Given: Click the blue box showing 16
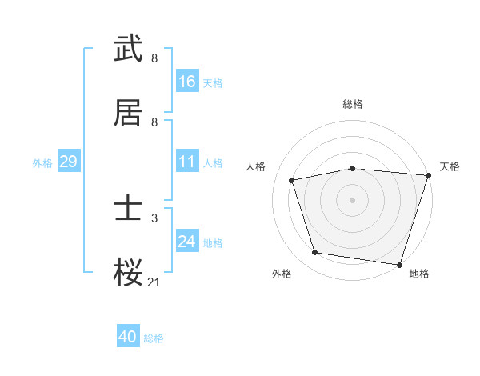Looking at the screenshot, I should pyautogui.click(x=187, y=81).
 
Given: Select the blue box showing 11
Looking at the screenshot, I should pyautogui.click(x=187, y=162).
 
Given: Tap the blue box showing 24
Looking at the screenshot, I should pyautogui.click(x=187, y=242).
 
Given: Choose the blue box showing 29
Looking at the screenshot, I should pyautogui.click(x=68, y=162).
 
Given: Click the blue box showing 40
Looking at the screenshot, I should pyautogui.click(x=128, y=337).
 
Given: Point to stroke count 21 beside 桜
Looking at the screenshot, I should pyautogui.click(x=154, y=281).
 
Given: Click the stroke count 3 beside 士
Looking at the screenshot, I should pyautogui.click(x=154, y=218).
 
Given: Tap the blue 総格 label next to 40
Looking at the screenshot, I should pyautogui.click(x=154, y=338).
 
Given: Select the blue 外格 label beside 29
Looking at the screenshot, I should pyautogui.click(x=42, y=162).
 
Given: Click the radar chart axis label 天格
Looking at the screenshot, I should pyautogui.click(x=450, y=166).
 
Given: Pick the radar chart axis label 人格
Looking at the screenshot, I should pyautogui.click(x=256, y=166).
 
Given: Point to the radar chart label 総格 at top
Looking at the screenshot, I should pyautogui.click(x=353, y=104).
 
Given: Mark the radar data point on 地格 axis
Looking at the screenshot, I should pyautogui.click(x=399, y=264).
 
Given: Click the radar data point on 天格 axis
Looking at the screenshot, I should pyautogui.click(x=427, y=176).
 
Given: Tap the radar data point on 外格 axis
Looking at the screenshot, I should pyautogui.click(x=315, y=253).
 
